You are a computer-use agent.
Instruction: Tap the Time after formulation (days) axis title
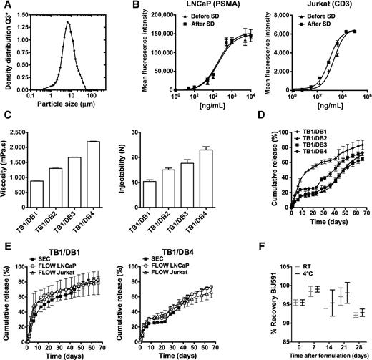tap(317, 354)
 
